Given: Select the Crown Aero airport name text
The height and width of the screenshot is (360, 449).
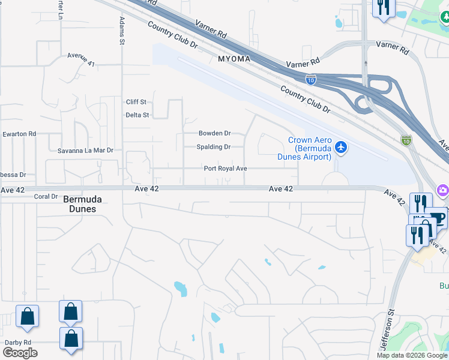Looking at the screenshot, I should point(309,148).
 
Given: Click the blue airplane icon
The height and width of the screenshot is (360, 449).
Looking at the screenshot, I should point(341,147).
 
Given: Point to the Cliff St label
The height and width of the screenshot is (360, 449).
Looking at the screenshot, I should point(136,102).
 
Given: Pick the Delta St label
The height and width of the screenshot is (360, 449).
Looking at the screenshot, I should point(137,115).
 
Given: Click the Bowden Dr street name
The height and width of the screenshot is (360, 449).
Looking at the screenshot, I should point(214,133).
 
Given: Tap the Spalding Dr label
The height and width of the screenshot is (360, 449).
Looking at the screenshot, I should point(214,147).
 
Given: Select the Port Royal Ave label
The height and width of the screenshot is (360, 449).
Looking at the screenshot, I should point(225,169).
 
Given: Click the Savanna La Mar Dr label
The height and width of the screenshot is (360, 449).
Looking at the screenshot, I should point(85,151).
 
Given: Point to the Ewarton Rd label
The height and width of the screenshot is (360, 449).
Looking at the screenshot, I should point(19,134).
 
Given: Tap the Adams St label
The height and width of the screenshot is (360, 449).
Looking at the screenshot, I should point(122,31).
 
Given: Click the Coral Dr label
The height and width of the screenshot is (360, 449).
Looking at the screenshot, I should point(46,196).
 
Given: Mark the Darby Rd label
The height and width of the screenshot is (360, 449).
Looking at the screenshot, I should point(17,343).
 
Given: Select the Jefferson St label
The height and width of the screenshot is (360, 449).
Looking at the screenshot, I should point(388,328).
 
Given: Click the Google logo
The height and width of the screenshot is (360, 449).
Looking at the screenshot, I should point(20,352).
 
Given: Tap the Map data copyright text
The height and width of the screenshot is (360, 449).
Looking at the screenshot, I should point(412,355).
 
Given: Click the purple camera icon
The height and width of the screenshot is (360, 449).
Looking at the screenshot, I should point(443,190).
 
